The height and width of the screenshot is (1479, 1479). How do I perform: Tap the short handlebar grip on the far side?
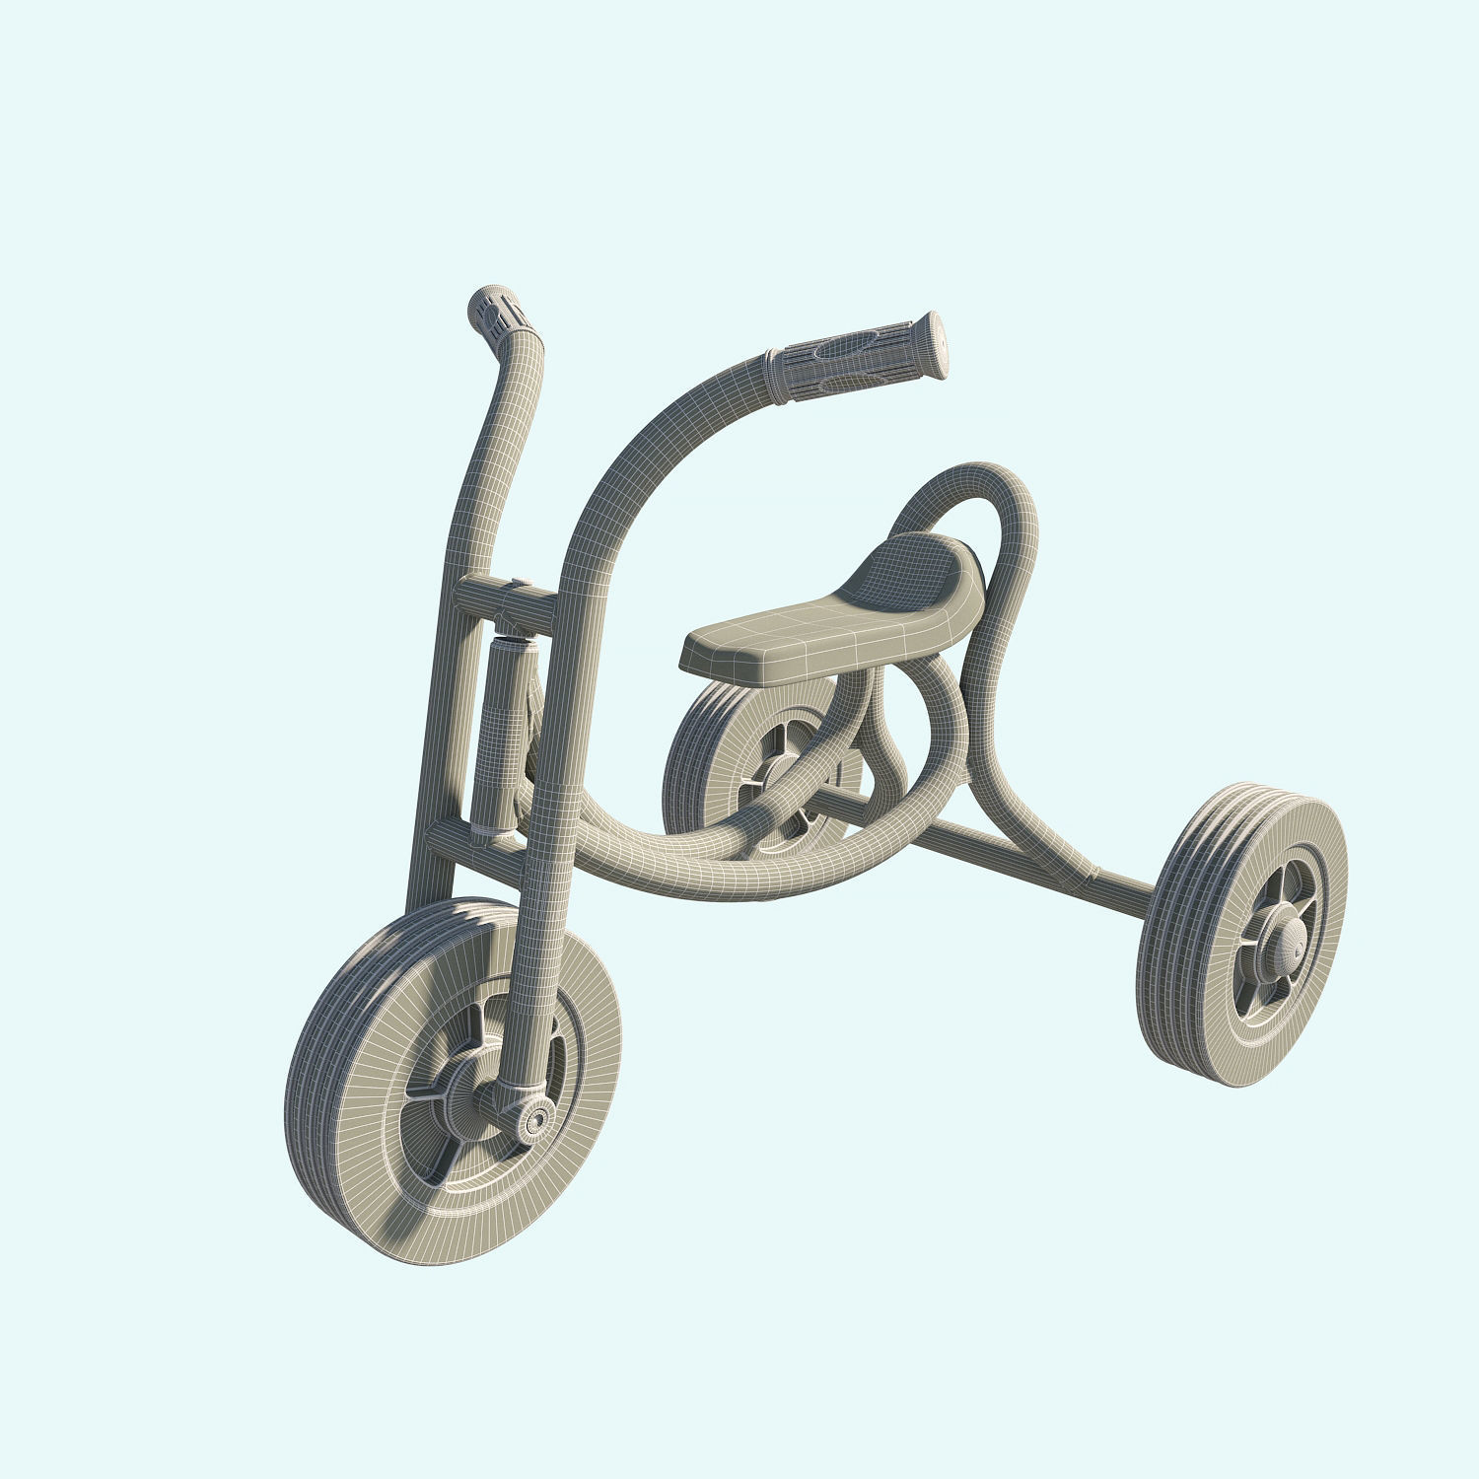pyautogui.click(x=499, y=314)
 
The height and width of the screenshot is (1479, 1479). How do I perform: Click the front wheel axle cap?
pyautogui.click(x=536, y=1119)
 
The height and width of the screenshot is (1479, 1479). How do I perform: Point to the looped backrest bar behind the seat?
pyautogui.click(x=1006, y=552)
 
